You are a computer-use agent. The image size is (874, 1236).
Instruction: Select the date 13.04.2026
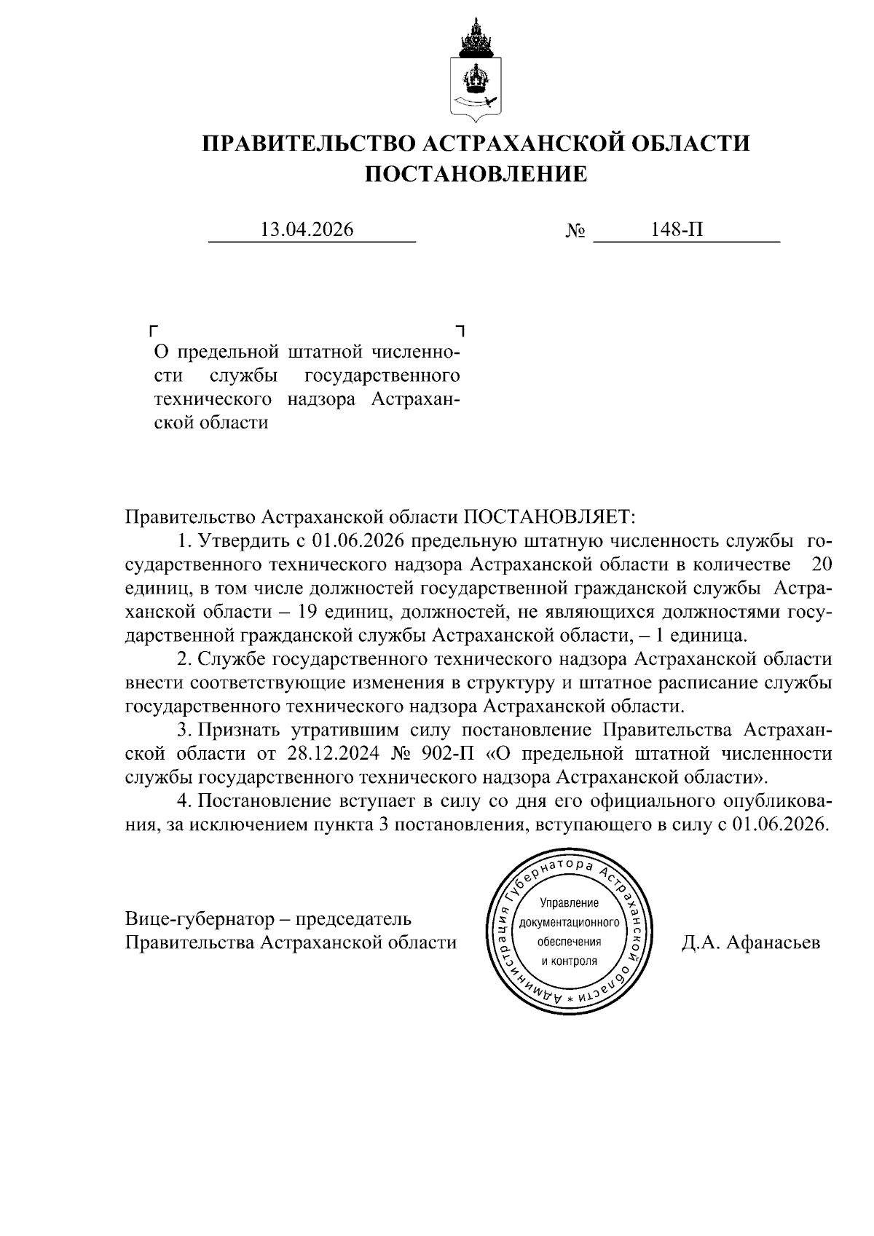307,230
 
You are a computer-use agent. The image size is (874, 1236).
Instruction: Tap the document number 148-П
678,230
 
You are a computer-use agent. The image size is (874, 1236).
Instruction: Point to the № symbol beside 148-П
575,232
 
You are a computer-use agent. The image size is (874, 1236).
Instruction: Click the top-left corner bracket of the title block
152,329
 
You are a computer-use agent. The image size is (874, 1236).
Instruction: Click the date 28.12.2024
303,753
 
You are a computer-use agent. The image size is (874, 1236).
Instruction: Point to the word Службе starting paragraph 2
232,660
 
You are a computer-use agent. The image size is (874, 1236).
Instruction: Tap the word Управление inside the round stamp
569,904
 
